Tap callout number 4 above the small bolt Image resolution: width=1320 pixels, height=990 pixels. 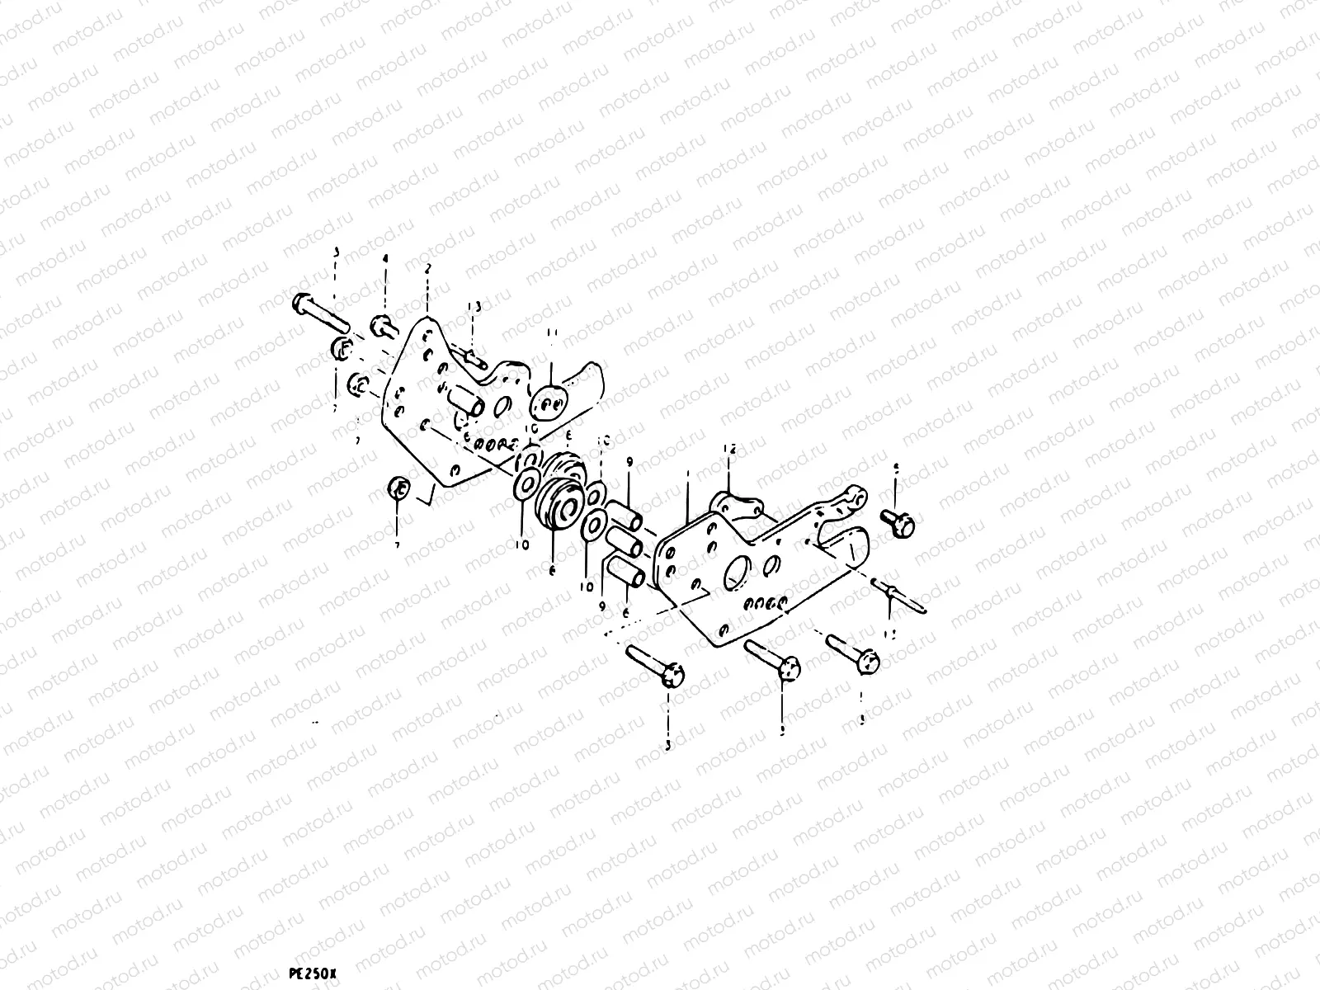(384, 260)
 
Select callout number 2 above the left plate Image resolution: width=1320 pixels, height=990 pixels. (427, 268)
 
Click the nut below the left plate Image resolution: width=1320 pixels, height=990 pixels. (398, 488)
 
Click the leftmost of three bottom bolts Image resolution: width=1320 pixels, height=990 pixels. (655, 665)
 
